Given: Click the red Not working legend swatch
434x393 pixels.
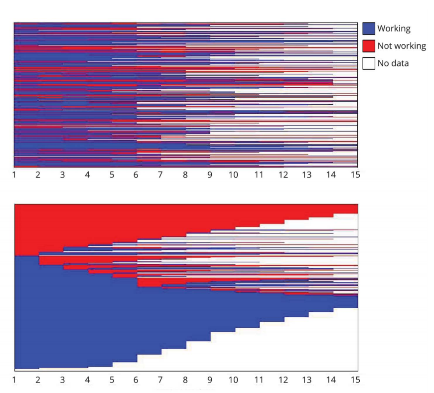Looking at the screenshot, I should point(369,46).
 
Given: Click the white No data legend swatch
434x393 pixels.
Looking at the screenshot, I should point(369,63).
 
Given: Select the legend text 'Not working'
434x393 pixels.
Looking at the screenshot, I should point(402,46).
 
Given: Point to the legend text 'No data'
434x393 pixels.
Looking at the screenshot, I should point(393,63).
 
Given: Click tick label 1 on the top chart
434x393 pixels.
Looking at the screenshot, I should point(14,175).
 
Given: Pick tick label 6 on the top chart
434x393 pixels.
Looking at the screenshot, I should point(137,175).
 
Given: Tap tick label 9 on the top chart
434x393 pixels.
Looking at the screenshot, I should point(210,175).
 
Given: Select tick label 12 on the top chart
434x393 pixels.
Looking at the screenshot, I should point(283,175).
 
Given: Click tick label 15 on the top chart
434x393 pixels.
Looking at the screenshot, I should point(356,175).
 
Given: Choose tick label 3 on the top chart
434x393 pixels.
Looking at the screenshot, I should point(63,175).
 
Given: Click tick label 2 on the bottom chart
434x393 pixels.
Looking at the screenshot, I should point(38,380).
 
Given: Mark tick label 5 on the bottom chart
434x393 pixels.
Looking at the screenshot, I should point(112,380).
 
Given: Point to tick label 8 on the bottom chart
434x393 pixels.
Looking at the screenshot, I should point(185,380).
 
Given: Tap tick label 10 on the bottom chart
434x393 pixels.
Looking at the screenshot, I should point(234,380).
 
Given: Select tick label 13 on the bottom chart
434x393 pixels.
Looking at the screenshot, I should point(307,380).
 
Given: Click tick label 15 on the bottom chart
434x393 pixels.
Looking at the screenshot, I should point(356,380).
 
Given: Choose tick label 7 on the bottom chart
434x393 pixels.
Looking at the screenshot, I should point(160,380).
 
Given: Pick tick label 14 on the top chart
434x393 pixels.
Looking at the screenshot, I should point(331,175).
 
